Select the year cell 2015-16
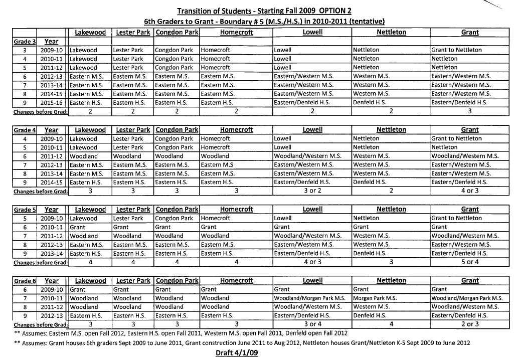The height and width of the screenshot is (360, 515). point(52,102)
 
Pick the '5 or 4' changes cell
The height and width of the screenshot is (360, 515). point(469,262)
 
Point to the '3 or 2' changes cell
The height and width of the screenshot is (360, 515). point(312,191)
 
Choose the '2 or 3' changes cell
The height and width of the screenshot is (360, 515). point(469,324)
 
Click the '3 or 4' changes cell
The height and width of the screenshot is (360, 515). point(312,324)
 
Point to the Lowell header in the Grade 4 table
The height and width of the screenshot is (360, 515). point(312,129)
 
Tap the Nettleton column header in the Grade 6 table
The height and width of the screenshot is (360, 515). point(391,281)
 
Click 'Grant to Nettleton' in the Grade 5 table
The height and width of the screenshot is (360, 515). point(456,218)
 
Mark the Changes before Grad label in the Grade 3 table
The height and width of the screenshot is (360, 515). point(40,111)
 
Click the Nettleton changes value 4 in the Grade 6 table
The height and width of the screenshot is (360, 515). point(391,324)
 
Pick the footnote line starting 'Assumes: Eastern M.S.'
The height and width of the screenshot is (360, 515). point(181,333)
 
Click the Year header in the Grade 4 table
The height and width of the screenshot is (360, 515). point(52,129)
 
